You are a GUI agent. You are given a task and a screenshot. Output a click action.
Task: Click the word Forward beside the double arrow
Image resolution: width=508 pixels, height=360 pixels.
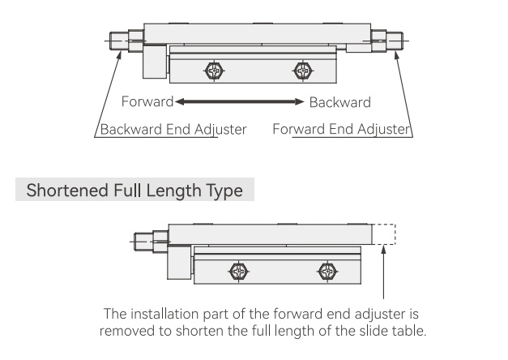[x=147, y=101]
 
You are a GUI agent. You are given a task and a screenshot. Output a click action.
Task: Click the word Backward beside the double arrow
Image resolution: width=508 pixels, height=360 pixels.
[x=339, y=102]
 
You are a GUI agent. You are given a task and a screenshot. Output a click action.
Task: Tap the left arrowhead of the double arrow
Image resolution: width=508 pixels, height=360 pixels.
[x=180, y=102]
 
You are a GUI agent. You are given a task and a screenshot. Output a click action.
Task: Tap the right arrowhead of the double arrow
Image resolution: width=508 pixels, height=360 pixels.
[x=300, y=102]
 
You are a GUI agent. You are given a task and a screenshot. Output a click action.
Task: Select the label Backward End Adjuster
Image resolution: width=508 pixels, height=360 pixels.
[x=173, y=130]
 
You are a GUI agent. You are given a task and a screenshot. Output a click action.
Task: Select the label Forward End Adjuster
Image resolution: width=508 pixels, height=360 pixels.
[x=341, y=129]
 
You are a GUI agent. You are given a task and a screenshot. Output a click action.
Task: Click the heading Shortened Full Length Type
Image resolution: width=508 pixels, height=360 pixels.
[x=134, y=190]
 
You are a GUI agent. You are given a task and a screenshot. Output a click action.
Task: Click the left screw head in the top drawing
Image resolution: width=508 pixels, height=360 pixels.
[x=214, y=71]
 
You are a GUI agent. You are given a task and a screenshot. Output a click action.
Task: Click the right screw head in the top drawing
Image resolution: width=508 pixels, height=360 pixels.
[x=303, y=71]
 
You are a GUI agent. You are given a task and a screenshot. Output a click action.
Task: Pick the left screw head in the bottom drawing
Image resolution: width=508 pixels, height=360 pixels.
[x=238, y=271]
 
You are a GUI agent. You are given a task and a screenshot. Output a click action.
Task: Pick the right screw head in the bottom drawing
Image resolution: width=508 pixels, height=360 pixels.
[x=327, y=271]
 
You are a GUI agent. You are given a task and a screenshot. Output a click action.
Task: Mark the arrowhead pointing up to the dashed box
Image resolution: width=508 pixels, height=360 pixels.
[x=383, y=249]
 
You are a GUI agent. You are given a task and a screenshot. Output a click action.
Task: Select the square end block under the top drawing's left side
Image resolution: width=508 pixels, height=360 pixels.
[x=155, y=62]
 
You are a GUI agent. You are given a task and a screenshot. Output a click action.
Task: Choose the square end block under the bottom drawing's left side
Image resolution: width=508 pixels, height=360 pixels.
[x=179, y=262]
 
